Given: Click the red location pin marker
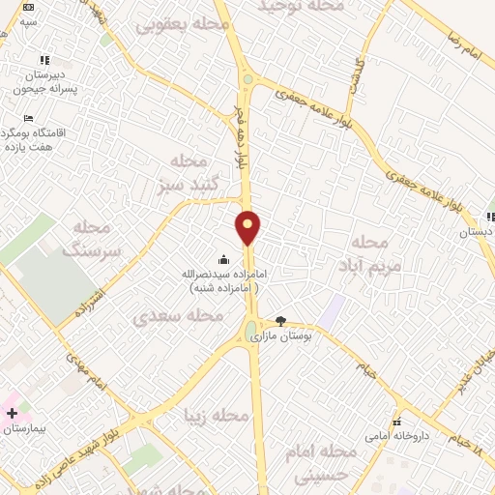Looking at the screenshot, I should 248,228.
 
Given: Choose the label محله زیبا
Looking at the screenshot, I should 218,415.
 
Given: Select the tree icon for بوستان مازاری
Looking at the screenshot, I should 281,321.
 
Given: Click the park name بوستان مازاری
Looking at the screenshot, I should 277,336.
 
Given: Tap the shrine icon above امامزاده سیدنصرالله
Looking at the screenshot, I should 224,259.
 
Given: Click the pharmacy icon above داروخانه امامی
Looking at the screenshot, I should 396,422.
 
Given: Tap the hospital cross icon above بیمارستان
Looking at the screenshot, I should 12,413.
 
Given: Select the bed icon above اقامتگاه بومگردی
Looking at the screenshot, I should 28,118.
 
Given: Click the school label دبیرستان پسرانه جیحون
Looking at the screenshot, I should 38,82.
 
